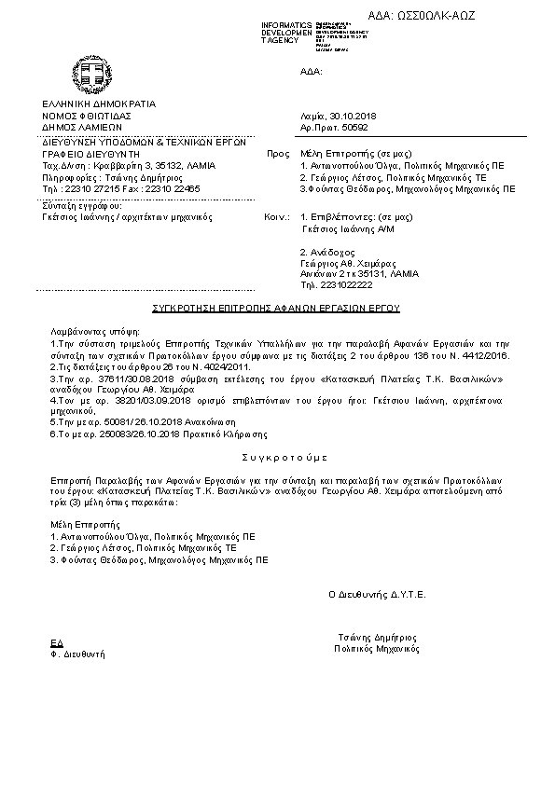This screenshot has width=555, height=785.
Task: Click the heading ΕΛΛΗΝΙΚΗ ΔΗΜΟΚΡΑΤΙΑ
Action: [x=98, y=103]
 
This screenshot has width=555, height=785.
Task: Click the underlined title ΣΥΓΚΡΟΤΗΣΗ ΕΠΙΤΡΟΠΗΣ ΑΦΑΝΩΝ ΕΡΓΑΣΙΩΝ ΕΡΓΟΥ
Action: [x=275, y=306]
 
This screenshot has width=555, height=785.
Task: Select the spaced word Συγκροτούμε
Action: [x=277, y=459]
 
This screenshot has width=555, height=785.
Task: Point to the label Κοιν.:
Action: [x=275, y=216]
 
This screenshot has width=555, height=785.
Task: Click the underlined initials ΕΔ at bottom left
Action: [x=54, y=643]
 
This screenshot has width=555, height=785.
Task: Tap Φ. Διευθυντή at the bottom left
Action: [x=76, y=655]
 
